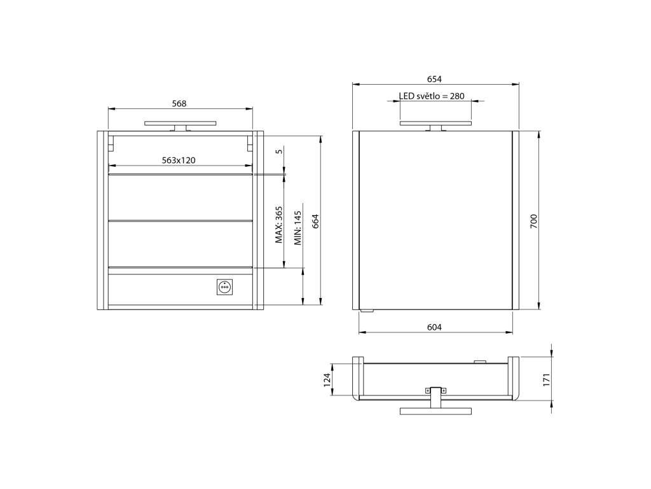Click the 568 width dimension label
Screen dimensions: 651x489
179,104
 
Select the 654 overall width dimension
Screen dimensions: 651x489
434,79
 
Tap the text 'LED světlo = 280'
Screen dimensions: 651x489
432,96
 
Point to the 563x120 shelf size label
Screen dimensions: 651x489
179,160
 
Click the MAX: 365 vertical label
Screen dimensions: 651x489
279,225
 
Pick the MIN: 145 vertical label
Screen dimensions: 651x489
298,228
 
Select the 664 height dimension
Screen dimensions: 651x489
315,221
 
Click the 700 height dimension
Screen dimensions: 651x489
534,221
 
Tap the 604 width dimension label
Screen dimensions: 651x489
434,327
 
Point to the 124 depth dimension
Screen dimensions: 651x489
327,379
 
